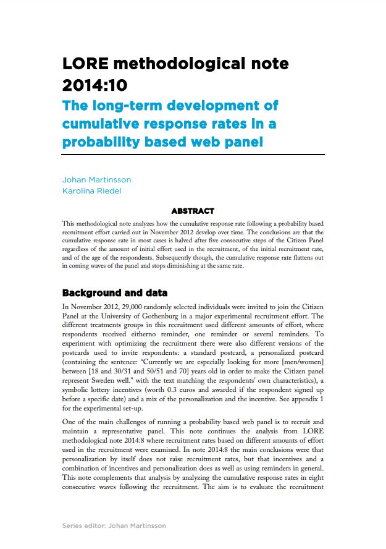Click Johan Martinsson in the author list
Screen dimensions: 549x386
pos(96,179)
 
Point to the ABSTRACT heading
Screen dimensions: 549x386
pos(193,211)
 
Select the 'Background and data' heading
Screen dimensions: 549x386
pos(115,292)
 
